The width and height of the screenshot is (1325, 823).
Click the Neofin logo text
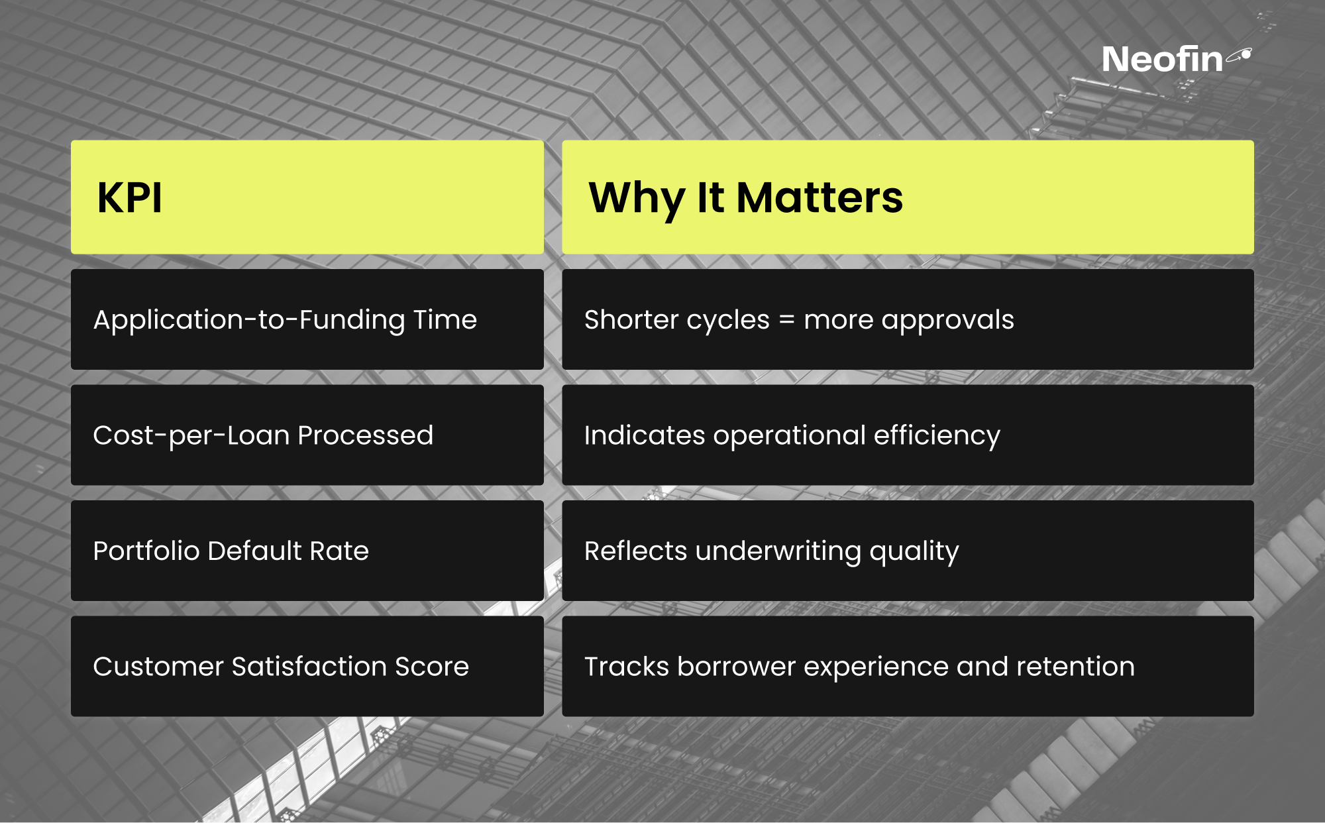click(1162, 60)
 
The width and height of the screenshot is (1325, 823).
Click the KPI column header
click(307, 197)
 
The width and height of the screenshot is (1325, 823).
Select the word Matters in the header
click(820, 197)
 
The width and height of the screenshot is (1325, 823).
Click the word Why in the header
click(637, 199)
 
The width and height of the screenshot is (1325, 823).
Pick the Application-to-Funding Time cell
click(307, 319)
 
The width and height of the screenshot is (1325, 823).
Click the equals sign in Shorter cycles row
click(786, 320)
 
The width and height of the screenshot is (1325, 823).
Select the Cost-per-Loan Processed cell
click(307, 435)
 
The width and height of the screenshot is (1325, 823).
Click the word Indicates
click(645, 435)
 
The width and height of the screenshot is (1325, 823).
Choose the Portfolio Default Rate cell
click(307, 551)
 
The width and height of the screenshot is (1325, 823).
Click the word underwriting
click(778, 552)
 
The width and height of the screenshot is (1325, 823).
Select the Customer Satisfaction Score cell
click(307, 666)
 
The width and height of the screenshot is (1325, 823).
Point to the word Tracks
click(627, 667)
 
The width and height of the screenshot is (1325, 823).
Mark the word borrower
click(736, 667)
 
